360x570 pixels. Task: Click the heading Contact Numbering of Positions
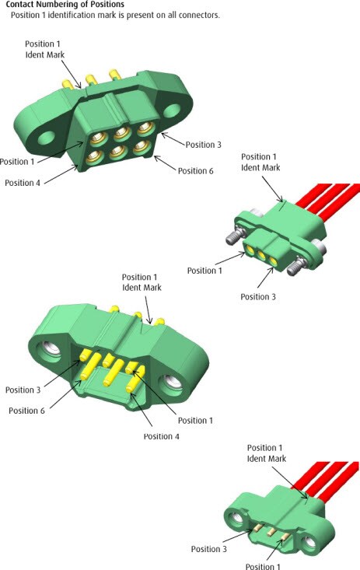[x=65, y=5]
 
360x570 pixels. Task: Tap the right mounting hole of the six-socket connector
[x=187, y=100]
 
